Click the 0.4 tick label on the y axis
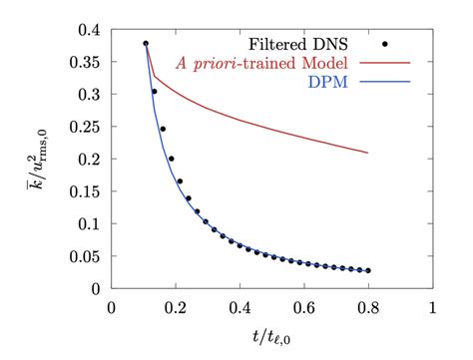pyautogui.click(x=87, y=29)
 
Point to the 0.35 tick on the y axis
pyautogui.click(x=83, y=62)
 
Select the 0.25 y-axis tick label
pyautogui.click(x=83, y=127)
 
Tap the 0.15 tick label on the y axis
pyautogui.click(x=83, y=191)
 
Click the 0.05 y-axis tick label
pyautogui.click(x=83, y=256)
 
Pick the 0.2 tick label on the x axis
pyautogui.click(x=176, y=308)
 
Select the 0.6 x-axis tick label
pyautogui.click(x=304, y=308)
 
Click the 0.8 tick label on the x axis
pyautogui.click(x=368, y=308)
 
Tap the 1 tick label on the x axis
pyautogui.click(x=432, y=308)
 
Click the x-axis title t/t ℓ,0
pyautogui.click(x=272, y=339)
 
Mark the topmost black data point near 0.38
pyautogui.click(x=146, y=44)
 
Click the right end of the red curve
pyautogui.click(x=368, y=153)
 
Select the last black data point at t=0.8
pyautogui.click(x=368, y=270)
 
